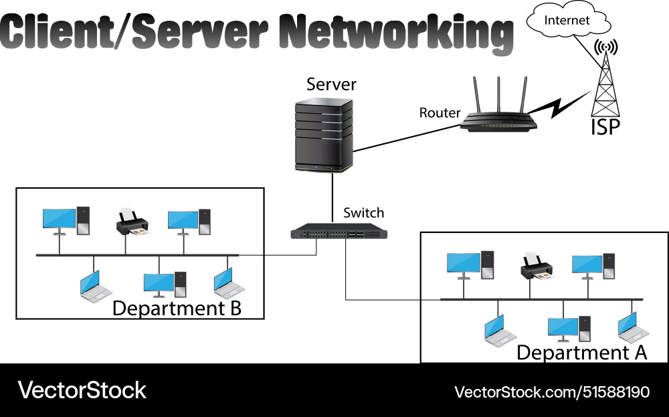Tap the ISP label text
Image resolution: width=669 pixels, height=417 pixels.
click(605, 127)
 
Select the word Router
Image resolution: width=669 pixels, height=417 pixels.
click(440, 112)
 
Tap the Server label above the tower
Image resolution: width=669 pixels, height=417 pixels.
click(331, 85)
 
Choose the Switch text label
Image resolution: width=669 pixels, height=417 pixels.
click(363, 213)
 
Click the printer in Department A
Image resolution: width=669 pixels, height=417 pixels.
click(537, 267)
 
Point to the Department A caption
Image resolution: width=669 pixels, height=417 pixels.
click(581, 352)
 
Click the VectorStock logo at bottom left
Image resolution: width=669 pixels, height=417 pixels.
click(82, 390)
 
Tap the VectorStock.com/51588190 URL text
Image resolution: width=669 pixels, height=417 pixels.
click(552, 392)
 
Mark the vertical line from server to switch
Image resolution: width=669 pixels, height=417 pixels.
click(332, 197)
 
